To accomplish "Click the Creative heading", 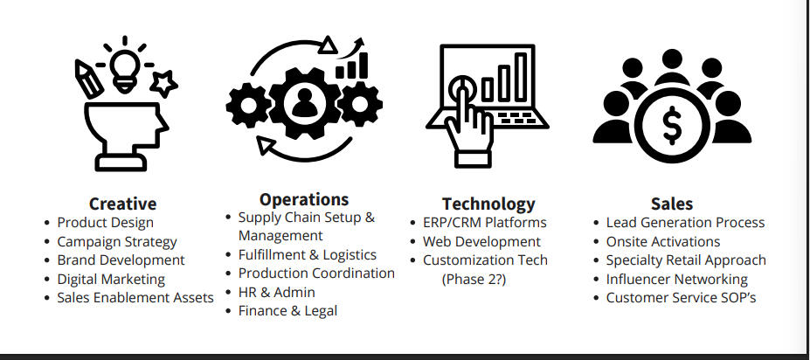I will tap(122, 204).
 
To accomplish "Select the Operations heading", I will tap(304, 199).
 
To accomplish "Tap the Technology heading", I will tap(488, 204).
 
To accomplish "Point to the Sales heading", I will tap(671, 204).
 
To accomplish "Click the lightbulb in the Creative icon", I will tap(123, 66).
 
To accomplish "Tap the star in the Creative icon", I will tap(164, 84).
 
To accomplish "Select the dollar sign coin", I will tap(671, 127).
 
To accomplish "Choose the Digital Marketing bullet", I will tap(111, 279).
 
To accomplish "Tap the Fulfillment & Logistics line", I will tap(307, 254).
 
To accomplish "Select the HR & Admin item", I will tap(276, 292).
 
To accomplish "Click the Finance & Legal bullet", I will tap(287, 310).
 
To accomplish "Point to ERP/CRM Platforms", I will tap(484, 223).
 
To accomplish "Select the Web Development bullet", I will tap(481, 241).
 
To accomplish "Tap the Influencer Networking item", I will tap(676, 279).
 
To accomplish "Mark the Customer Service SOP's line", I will tap(682, 297).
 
